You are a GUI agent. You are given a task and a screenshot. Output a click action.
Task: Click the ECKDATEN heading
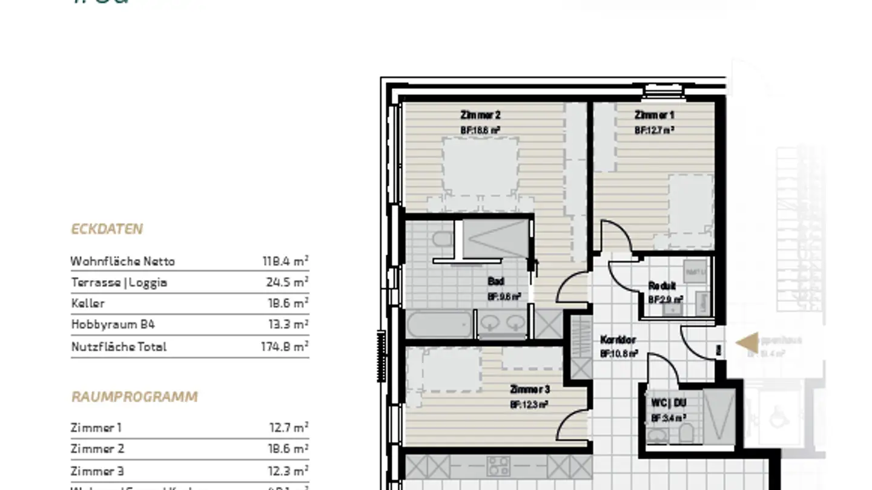107,229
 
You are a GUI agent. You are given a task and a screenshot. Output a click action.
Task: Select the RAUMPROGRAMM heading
134,397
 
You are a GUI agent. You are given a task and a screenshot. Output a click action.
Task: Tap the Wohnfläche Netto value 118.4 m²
285,261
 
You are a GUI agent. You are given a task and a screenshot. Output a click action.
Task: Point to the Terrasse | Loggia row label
119,283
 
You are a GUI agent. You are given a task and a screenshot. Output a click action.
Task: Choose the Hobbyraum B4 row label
113,324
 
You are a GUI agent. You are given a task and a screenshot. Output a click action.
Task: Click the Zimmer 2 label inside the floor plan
480,115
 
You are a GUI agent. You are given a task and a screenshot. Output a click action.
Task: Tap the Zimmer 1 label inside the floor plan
654,115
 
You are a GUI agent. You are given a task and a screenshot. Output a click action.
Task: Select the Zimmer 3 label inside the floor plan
529,390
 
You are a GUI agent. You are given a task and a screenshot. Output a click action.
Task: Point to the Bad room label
495,281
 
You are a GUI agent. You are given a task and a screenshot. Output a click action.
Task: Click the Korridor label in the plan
618,340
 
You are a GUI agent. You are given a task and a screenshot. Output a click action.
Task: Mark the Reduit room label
662,286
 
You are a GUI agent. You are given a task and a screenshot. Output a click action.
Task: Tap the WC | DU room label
669,403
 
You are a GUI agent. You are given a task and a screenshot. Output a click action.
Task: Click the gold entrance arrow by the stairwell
747,342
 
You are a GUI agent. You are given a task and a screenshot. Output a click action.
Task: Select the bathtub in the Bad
439,325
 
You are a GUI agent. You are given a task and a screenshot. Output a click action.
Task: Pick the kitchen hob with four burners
498,466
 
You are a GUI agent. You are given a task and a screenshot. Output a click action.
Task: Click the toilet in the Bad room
443,239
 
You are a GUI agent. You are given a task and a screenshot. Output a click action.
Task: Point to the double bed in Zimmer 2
480,166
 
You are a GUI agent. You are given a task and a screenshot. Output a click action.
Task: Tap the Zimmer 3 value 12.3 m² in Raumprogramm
288,471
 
